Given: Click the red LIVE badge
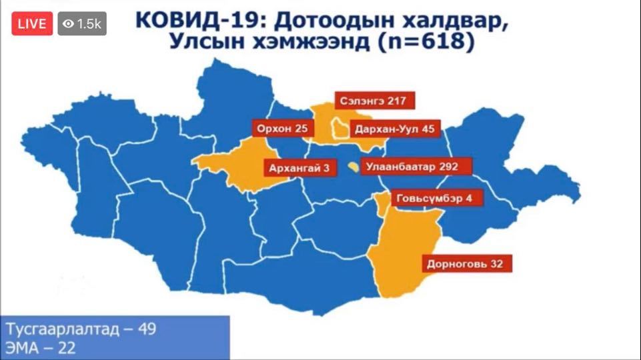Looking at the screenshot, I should pyautogui.click(x=31, y=24).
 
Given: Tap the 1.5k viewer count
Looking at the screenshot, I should pyautogui.click(x=89, y=24).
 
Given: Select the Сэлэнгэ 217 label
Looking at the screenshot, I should pyautogui.click(x=375, y=101).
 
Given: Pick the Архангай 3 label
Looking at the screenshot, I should pyautogui.click(x=299, y=168).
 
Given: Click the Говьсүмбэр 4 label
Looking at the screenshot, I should pyautogui.click(x=434, y=199).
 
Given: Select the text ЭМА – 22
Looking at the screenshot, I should pyautogui.click(x=41, y=347).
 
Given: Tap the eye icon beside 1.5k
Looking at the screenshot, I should pyautogui.click(x=68, y=24).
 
